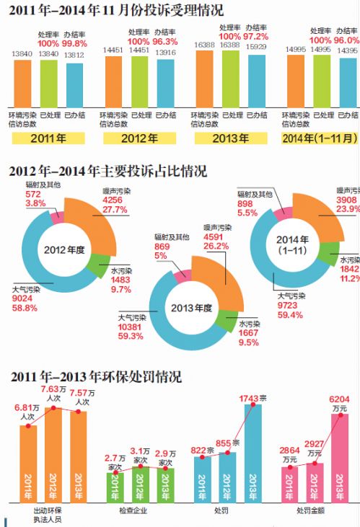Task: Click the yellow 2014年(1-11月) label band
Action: coord(320,138)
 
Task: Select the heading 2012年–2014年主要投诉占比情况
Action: coord(107,172)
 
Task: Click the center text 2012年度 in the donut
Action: coord(63,250)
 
